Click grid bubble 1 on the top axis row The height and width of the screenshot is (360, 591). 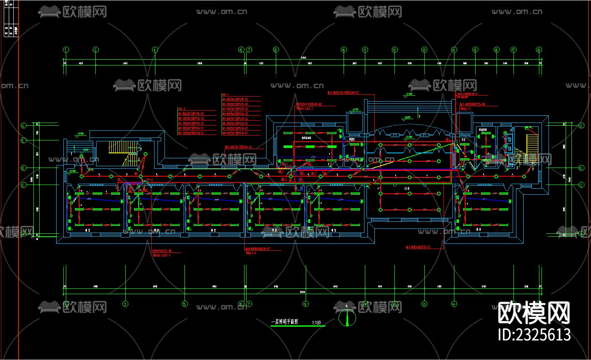(65, 50)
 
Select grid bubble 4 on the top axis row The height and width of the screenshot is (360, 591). (155, 50)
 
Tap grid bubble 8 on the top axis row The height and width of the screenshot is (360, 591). (275, 50)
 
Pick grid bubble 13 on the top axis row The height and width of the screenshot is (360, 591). (424, 50)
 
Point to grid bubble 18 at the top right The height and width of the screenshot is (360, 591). (539, 50)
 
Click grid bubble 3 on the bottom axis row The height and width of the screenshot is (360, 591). (125, 304)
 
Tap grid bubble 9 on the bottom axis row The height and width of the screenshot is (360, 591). (305, 304)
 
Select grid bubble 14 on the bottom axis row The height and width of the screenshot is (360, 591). (454, 304)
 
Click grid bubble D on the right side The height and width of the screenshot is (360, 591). (581, 168)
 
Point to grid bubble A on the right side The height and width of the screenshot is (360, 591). (581, 234)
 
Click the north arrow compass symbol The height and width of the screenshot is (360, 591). (347, 317)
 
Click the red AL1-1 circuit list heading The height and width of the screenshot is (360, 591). (227, 95)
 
